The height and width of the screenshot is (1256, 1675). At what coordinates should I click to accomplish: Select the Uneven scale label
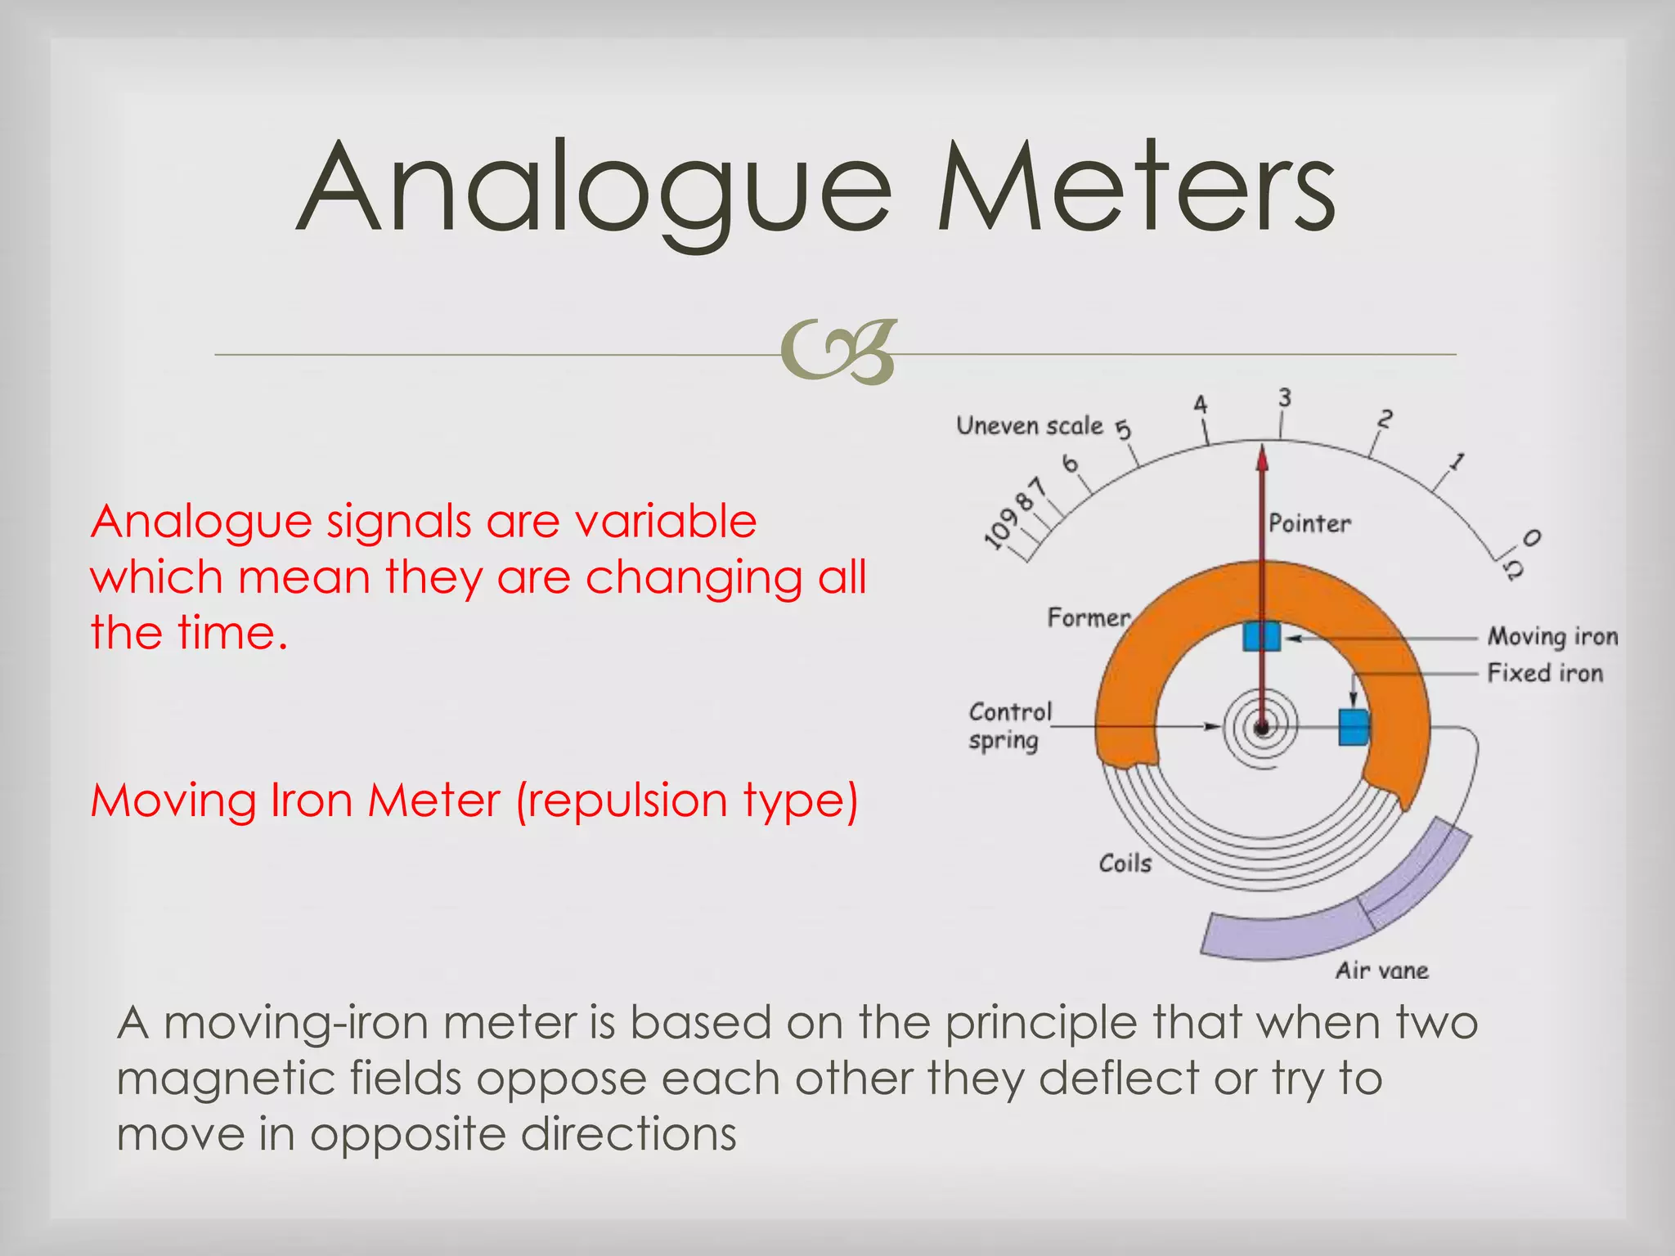(1030, 426)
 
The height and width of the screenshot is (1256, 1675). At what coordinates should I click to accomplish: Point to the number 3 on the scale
(1284, 398)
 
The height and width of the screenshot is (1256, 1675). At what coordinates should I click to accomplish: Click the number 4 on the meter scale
(1200, 405)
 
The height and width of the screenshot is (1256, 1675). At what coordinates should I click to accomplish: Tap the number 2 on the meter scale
(1384, 419)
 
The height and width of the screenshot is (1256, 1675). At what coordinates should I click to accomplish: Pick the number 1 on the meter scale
(1456, 462)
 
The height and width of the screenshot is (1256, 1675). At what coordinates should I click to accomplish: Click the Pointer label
(1309, 523)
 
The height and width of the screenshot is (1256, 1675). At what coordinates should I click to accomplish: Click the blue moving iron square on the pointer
(1261, 635)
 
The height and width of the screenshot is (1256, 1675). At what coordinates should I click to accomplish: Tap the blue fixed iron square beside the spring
(1354, 727)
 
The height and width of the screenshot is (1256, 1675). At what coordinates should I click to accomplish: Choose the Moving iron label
(1552, 636)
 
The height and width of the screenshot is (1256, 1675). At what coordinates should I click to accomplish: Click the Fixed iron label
(1545, 673)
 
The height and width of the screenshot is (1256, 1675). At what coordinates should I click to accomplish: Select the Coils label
(1125, 863)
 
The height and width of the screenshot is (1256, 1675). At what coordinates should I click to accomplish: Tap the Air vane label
(1382, 971)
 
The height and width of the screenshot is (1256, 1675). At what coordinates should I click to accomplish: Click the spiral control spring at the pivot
(1261, 727)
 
